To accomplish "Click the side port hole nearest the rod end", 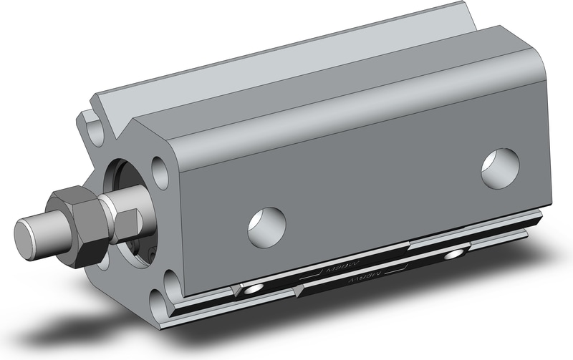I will (x=266, y=227).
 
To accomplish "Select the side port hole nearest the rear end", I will (x=499, y=169).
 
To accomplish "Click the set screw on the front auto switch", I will (x=251, y=289).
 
